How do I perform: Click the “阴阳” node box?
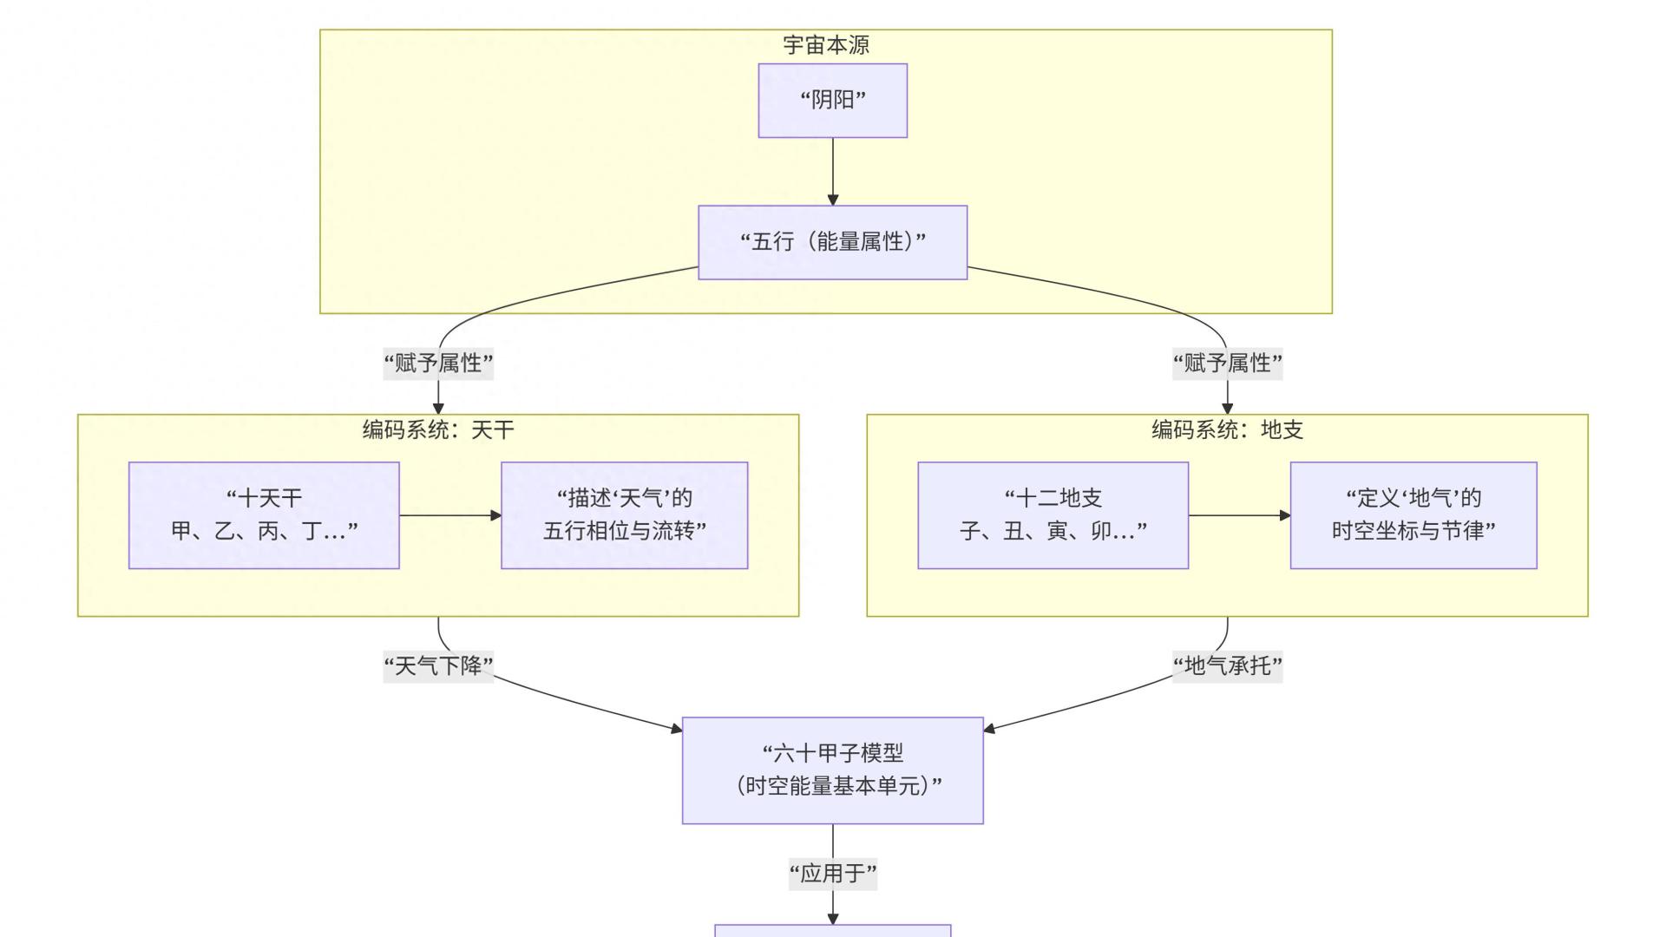pyautogui.click(x=832, y=101)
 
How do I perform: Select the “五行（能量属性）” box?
pyautogui.click(x=832, y=242)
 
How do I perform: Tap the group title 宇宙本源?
pyautogui.click(x=825, y=45)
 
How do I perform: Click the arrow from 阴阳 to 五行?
pyautogui.click(x=833, y=171)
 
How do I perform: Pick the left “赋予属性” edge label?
pyautogui.click(x=438, y=363)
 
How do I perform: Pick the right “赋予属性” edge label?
pyautogui.click(x=1227, y=363)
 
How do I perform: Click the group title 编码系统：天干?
pyautogui.click(x=438, y=429)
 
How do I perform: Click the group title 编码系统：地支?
pyautogui.click(x=1227, y=429)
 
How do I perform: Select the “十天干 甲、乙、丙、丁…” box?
pyautogui.click(x=264, y=514)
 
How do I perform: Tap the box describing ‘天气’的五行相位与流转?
pyautogui.click(x=624, y=514)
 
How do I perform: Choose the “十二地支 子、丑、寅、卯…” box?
pyautogui.click(x=1053, y=514)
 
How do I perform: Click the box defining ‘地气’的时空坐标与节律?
pyautogui.click(x=1413, y=514)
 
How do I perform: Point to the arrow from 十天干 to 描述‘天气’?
pyautogui.click(x=449, y=515)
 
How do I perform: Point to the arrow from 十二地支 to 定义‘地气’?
pyautogui.click(x=1239, y=515)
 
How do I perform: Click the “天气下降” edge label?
pyautogui.click(x=438, y=666)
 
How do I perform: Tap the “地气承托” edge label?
pyautogui.click(x=1227, y=666)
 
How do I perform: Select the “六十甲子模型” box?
pyautogui.click(x=832, y=770)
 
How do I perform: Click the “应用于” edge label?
pyautogui.click(x=832, y=873)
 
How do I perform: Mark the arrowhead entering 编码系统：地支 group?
pyautogui.click(x=1227, y=409)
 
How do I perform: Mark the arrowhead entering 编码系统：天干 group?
pyautogui.click(x=438, y=409)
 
